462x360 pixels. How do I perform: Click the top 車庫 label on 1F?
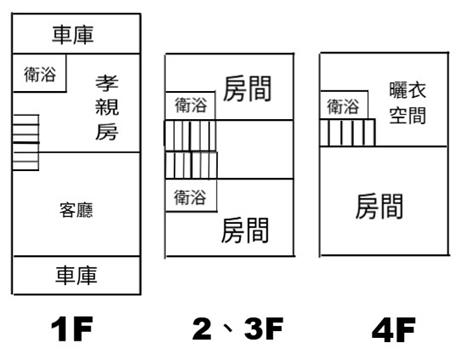73,35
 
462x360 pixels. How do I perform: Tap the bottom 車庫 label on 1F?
76,275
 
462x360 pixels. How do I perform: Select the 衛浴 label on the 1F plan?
40,74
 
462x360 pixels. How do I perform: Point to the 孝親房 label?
107,108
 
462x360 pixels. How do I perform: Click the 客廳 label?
76,210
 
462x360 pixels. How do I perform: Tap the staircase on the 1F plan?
26,143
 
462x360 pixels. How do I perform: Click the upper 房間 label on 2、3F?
247,89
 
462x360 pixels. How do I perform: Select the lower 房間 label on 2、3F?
245,230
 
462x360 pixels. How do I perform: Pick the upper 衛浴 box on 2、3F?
190,105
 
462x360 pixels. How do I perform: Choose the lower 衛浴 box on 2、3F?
191,196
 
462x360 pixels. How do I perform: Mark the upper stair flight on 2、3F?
190,135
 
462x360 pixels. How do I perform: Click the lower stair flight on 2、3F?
191,165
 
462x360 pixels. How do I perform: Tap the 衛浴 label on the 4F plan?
343,107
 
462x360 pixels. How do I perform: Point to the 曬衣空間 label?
408,103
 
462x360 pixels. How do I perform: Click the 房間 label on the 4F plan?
379,207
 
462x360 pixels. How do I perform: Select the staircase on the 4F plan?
348,132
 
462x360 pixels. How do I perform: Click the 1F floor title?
72,329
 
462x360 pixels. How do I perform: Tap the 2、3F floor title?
238,329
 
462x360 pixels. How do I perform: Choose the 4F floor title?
394,330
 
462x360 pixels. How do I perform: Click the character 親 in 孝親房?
107,107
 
